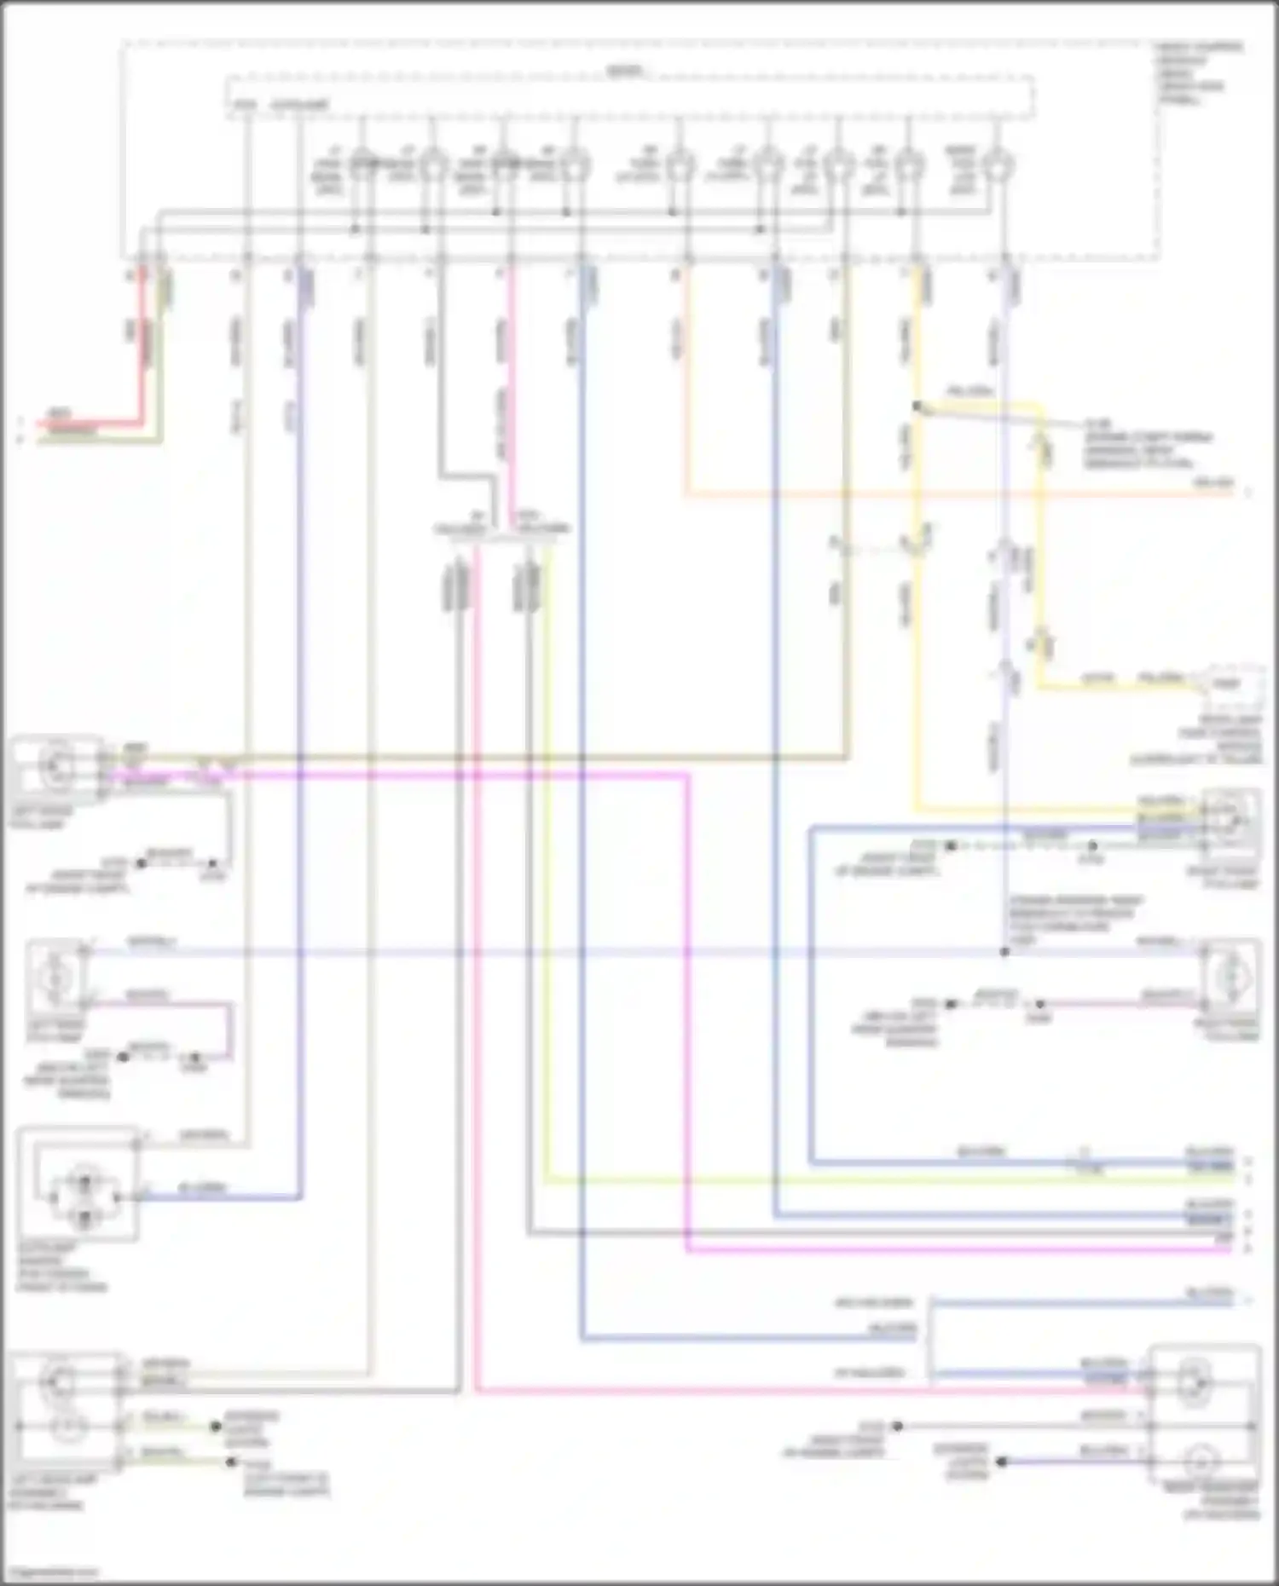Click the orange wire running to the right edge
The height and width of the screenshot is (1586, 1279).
(x=938, y=493)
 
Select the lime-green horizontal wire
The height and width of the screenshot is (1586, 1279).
(x=853, y=1179)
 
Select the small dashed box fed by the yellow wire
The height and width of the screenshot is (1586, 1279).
(x=1229, y=683)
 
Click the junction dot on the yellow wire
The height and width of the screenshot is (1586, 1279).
(x=917, y=407)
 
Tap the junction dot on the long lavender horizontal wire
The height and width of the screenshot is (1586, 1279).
(x=1004, y=951)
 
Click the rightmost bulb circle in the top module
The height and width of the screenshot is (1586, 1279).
(x=994, y=164)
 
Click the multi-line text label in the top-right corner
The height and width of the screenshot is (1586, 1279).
(x=1198, y=73)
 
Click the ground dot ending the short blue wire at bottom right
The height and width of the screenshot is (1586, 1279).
(x=1002, y=1461)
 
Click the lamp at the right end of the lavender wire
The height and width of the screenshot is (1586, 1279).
(x=1230, y=972)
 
